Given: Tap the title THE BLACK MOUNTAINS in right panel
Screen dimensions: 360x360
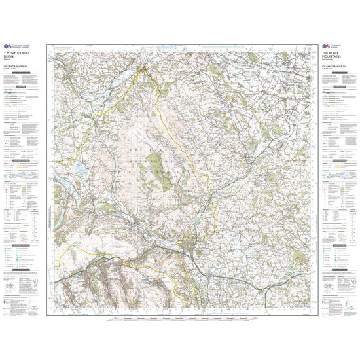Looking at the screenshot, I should tap(333, 54).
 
